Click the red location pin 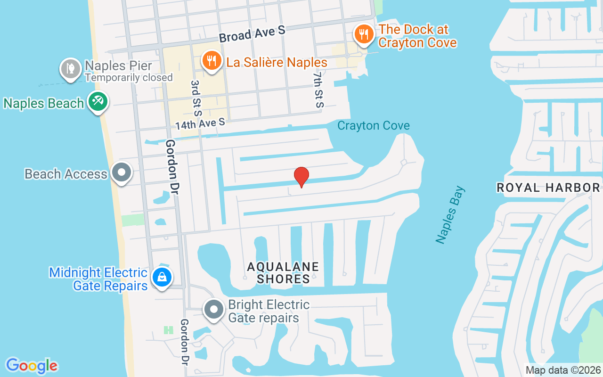click(x=301, y=177)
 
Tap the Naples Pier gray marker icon click(x=71, y=68)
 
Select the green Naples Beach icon click(x=98, y=101)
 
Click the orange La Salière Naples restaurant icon click(x=212, y=61)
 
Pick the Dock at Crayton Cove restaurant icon click(x=364, y=34)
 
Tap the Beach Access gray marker click(x=122, y=172)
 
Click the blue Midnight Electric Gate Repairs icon click(x=162, y=277)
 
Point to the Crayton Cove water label click(x=374, y=126)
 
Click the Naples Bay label click(x=450, y=215)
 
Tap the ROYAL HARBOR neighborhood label click(x=548, y=188)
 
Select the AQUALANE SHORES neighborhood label click(x=283, y=273)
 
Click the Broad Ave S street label click(x=252, y=34)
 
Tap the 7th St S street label click(x=319, y=89)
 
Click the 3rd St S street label click(x=196, y=98)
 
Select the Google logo click(x=32, y=365)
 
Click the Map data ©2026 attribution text click(x=563, y=370)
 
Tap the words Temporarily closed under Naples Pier click(x=129, y=77)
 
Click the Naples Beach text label click(x=43, y=103)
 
